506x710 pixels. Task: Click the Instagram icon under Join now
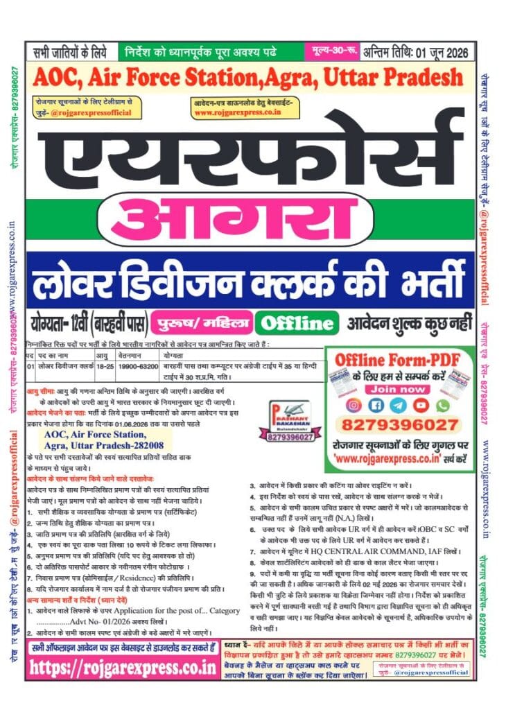[355, 404]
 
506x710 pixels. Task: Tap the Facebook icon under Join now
[377, 404]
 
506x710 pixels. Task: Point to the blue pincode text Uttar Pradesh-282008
[103, 445]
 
